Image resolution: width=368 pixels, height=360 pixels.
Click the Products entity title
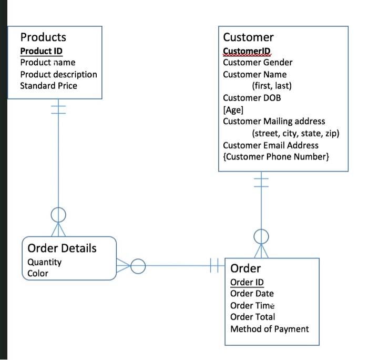[x=43, y=37]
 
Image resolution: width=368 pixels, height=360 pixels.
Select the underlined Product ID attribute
[x=41, y=51]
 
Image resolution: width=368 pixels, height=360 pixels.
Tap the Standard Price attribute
[x=48, y=86]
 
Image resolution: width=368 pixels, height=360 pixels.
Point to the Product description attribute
[x=58, y=74]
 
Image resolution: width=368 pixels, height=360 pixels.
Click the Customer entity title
[x=248, y=37]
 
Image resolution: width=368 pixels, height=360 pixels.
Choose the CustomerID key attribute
[x=247, y=51]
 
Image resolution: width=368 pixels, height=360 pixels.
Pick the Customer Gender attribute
[x=258, y=62]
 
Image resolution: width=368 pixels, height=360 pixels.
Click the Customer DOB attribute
[x=252, y=97]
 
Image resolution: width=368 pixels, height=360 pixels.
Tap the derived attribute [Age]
[x=233, y=109]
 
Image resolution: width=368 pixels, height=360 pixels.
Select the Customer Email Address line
[x=271, y=145]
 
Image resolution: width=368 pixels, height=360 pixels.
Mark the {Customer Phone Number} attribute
[x=276, y=156]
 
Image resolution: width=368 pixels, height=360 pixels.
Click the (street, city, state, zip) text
[x=295, y=133]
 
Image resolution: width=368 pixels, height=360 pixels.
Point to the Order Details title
[x=62, y=248]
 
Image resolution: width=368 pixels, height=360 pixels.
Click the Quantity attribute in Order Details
[x=44, y=262]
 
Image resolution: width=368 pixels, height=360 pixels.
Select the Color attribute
[x=37, y=273]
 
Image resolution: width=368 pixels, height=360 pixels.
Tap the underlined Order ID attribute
[x=247, y=282]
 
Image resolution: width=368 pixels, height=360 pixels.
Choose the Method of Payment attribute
[x=270, y=329]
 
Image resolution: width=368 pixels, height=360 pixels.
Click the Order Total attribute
[x=252, y=317]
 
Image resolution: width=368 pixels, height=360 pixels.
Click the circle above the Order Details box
[x=58, y=214]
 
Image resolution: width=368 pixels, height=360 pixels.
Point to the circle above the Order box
[x=261, y=236]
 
